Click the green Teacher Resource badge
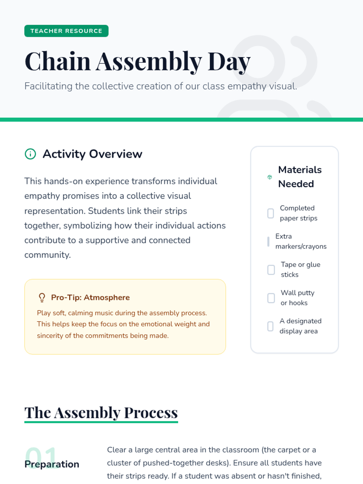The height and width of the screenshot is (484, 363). coord(66,31)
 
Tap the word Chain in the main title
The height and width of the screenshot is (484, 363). coord(57,61)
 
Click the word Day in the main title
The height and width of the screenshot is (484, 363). coord(229,62)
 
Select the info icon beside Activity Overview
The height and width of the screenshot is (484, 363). coord(30,154)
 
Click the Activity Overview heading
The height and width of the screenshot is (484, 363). coord(92,154)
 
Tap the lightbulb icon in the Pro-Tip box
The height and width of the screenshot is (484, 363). coord(42,297)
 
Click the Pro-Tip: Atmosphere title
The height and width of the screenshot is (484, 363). coord(90,297)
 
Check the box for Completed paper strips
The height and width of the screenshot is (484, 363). coord(271,213)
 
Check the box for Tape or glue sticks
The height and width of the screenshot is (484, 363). coord(271,270)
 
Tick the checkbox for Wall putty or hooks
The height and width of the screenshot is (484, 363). coord(271,298)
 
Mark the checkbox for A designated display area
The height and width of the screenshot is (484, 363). coord(270,326)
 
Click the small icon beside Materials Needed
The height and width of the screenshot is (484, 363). coord(270,177)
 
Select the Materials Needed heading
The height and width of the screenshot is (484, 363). coord(300,177)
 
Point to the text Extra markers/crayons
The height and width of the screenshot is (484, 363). coord(301,241)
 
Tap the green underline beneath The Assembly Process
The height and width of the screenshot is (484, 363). coord(101,422)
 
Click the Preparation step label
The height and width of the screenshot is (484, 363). coord(52,464)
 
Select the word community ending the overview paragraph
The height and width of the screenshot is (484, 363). coord(47,255)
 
